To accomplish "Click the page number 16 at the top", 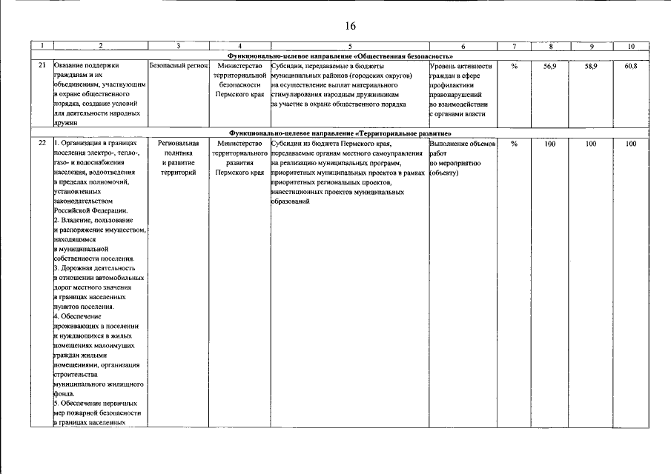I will [350, 26].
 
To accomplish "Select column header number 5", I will [349, 47].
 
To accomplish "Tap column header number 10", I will [631, 47].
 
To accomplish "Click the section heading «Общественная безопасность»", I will [340, 56].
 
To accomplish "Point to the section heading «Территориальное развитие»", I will [340, 133].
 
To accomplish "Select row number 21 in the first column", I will [43, 66].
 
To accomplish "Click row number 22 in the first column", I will [43, 143].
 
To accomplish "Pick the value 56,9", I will [549, 66].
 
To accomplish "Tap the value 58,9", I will [591, 66].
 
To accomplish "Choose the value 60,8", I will [631, 66].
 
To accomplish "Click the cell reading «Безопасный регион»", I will [178, 66].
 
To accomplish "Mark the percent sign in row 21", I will [514, 66].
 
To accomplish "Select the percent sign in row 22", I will [514, 143].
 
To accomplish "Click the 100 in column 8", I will [549, 143].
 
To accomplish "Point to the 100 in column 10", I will [631, 143].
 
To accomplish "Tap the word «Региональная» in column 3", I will [178, 143].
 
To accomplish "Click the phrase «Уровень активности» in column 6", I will [460, 66].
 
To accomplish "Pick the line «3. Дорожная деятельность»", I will [95, 267].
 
